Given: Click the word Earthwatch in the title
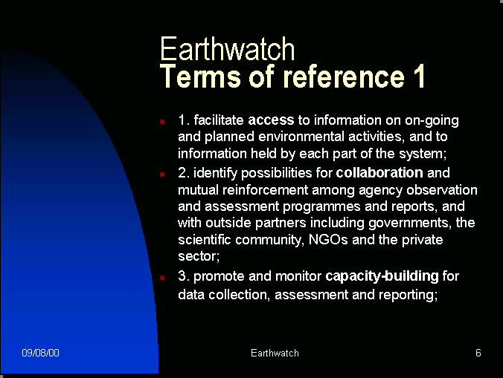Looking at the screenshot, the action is (227, 49).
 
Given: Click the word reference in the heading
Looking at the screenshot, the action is (344, 76).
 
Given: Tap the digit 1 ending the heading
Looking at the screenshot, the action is (419, 76).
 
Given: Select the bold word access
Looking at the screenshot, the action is (271, 120).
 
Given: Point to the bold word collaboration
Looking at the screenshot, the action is (379, 173).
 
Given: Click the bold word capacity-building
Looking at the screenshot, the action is (382, 276).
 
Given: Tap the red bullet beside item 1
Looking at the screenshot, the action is (162, 122).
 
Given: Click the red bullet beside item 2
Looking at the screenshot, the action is (162, 175).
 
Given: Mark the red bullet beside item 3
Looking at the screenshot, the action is (162, 278).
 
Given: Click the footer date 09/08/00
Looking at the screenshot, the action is (40, 353).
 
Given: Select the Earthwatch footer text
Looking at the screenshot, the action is (275, 353).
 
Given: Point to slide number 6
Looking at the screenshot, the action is (478, 353).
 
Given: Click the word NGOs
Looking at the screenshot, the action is (328, 240).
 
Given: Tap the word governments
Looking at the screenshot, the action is (410, 223).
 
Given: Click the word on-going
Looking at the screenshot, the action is (432, 120).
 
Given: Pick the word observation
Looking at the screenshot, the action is (442, 190).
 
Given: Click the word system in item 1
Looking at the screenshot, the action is (423, 154).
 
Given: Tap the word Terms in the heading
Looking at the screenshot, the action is (200, 76).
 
